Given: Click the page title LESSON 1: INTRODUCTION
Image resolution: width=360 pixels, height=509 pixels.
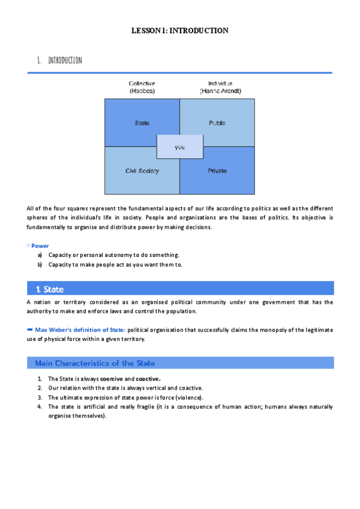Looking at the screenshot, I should click(180, 30).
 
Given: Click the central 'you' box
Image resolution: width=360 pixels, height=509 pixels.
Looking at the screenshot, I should click(179, 147).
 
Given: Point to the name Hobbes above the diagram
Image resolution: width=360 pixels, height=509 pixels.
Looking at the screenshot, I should click(142, 91).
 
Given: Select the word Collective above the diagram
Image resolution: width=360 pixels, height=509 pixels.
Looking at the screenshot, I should click(142, 83).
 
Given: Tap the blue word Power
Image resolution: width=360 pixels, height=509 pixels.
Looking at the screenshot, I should click(40, 246).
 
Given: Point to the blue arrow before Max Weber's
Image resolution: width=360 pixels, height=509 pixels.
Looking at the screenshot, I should click(31, 330).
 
